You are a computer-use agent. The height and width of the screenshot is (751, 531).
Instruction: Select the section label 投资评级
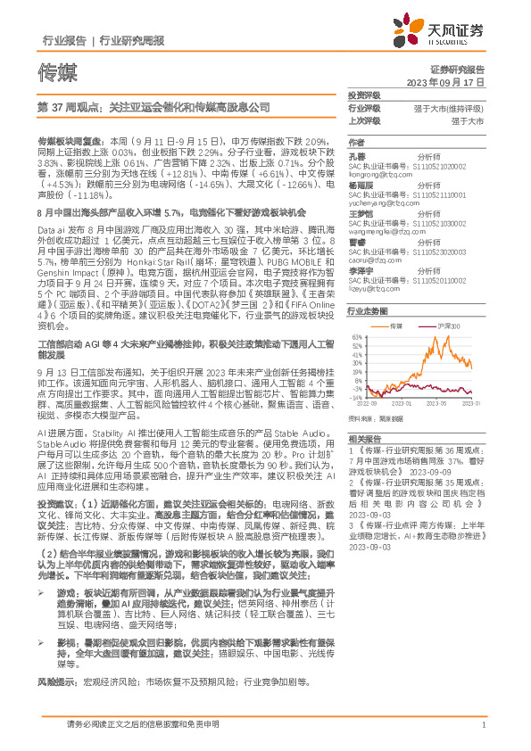point(364,95)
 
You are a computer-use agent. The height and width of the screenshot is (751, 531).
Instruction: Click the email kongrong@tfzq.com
point(375,177)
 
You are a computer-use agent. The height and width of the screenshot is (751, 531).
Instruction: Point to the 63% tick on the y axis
point(356,336)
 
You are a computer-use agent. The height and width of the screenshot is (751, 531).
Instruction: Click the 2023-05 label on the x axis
point(437,404)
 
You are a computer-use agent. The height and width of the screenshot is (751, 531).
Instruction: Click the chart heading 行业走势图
point(367,310)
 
